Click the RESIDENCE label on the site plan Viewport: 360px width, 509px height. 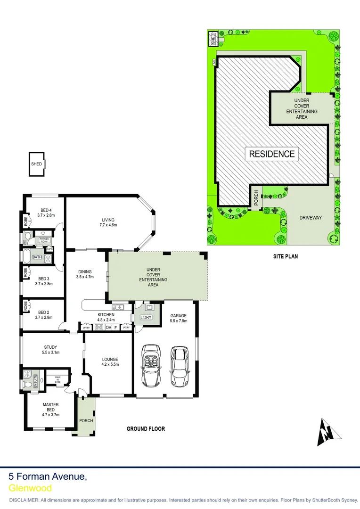coord(272,154)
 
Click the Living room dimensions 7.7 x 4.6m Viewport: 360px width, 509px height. coord(108,225)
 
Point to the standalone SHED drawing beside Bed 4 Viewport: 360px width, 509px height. coord(36,164)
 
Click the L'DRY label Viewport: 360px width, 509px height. coord(145,317)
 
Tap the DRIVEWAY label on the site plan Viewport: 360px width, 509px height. coord(311,218)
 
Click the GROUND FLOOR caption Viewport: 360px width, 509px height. coord(146,429)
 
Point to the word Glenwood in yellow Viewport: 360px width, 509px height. coord(30,488)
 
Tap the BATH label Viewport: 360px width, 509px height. coord(37,257)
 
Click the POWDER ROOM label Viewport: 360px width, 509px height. coord(44,239)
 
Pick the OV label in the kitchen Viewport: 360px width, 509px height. coord(108,327)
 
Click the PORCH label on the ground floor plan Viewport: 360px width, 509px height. coord(86,421)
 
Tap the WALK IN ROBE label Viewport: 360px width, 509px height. coord(57,379)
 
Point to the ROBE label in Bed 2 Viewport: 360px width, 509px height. coord(25,307)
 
